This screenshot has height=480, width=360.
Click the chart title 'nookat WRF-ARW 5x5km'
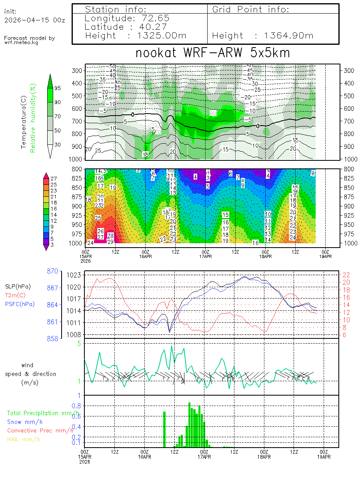(212, 53)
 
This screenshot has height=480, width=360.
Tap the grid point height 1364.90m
(288, 36)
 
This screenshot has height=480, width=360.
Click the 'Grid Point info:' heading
(250, 9)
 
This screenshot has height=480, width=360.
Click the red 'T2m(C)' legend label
(15, 295)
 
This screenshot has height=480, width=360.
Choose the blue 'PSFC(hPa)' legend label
(20, 304)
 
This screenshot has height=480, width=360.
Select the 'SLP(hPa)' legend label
(18, 286)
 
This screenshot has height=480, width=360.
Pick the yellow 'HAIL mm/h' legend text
(24, 439)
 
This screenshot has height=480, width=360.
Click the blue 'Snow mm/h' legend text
(25, 422)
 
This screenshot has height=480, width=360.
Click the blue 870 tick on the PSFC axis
(52, 271)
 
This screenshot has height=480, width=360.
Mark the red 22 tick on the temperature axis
(346, 274)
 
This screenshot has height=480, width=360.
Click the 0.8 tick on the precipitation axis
(76, 406)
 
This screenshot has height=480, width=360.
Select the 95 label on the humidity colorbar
(57, 88)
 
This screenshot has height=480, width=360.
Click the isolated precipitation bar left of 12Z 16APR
(164, 429)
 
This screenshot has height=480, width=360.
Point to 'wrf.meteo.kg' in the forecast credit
(22, 42)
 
